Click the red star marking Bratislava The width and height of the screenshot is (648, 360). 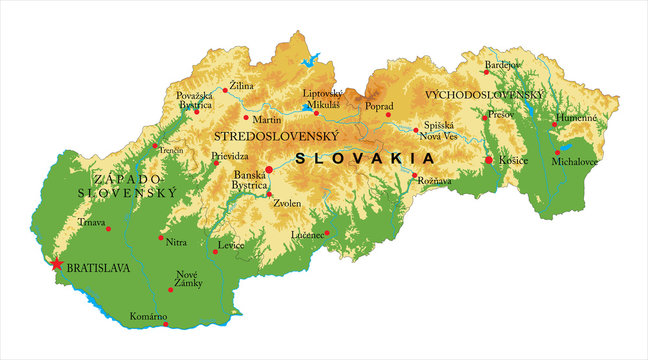[56, 264]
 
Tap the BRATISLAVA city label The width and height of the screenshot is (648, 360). [101, 269]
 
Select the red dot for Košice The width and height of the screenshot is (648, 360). [489, 160]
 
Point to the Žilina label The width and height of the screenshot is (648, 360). [241, 87]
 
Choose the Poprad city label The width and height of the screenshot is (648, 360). [379, 105]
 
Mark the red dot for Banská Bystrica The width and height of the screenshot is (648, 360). [269, 170]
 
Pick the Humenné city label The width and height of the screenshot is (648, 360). [576, 117]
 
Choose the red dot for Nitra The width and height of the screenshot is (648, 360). [160, 237]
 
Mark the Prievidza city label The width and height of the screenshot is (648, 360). [230, 156]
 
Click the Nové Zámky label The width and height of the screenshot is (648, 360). [188, 278]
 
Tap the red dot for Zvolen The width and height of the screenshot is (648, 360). [269, 194]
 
